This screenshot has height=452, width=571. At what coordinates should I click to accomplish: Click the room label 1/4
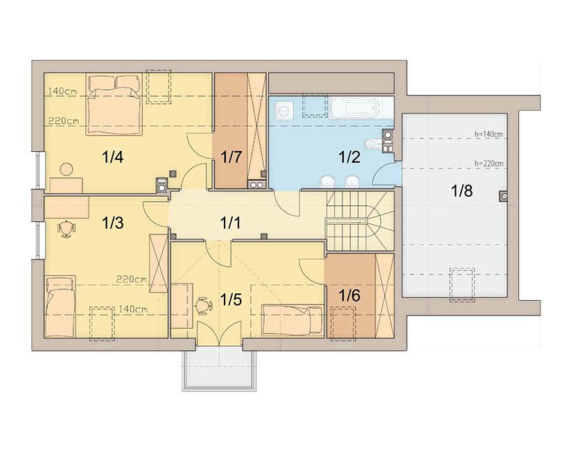coord(112,157)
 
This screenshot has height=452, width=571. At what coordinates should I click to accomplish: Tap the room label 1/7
coord(231,157)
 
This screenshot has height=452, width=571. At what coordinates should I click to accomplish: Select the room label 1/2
coord(349,157)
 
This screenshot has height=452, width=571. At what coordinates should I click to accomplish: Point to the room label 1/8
coord(462,191)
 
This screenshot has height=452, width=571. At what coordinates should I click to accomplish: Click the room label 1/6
coord(349,295)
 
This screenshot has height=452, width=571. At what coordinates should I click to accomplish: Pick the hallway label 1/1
coord(231,223)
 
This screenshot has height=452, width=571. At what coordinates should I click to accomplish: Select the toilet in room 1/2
coord(372,144)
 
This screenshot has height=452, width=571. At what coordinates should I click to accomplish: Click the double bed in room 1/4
coord(113,105)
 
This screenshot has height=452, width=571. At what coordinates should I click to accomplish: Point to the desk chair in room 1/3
coord(67,229)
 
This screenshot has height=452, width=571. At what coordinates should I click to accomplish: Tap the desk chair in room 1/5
coord(204,306)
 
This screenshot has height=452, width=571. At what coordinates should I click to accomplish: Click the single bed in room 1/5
coord(292,320)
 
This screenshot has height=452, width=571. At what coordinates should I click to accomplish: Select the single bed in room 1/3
coord(60,306)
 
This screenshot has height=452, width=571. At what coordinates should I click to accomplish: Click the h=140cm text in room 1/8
coord(489,134)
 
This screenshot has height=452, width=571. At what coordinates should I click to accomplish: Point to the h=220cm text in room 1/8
coord(489,164)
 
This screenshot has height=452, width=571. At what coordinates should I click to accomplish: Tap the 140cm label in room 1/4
coord(62,91)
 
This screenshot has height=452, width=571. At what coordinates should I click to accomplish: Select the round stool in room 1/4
coord(67,169)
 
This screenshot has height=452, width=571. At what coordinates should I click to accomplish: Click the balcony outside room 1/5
coord(219,370)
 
